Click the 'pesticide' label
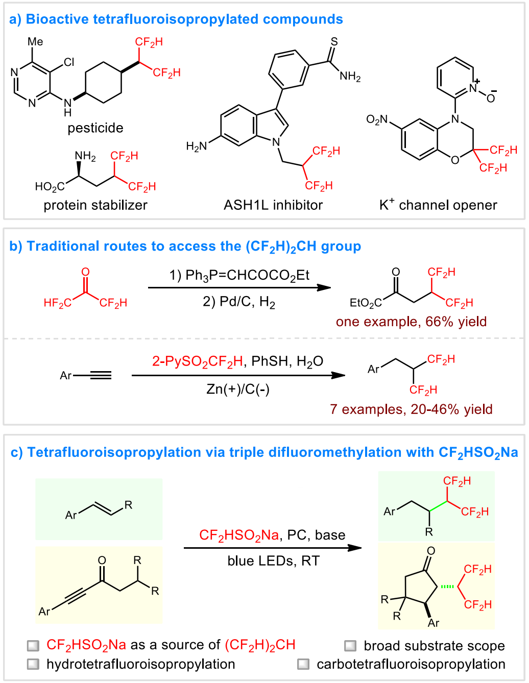click(95, 128)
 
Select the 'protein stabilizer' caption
click(95, 205)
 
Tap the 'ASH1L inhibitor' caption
click(273, 205)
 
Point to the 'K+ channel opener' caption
click(438, 205)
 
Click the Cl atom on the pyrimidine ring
click(69, 62)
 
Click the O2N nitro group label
click(377, 120)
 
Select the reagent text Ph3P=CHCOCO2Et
click(239, 276)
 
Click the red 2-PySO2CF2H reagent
click(197, 362)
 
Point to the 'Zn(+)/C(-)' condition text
click(238, 389)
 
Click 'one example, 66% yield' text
click(411, 322)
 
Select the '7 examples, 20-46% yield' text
click(411, 409)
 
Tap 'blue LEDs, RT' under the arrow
click(273, 561)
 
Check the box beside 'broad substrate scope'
click(350, 646)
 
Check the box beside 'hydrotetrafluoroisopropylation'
click(33, 664)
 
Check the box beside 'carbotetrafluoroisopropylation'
click(303, 664)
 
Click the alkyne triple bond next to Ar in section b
click(100, 376)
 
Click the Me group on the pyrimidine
click(35, 42)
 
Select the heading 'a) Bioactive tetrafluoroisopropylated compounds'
click(176, 19)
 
